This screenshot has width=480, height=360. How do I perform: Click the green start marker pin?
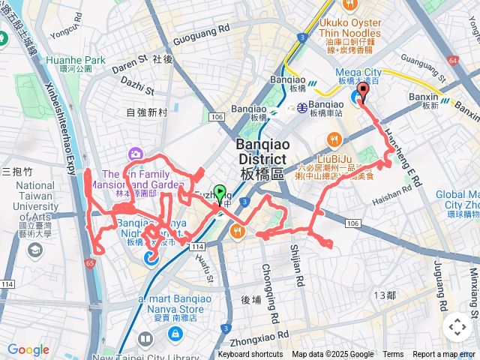[220, 193]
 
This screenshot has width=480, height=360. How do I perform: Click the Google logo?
[28, 349]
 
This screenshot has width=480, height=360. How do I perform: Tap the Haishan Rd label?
[387, 196]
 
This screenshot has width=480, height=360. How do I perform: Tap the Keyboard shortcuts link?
[250, 355]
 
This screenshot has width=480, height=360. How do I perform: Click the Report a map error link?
[445, 355]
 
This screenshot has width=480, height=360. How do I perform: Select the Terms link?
[393, 355]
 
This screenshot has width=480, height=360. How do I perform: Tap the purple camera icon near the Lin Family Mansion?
[136, 154]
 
